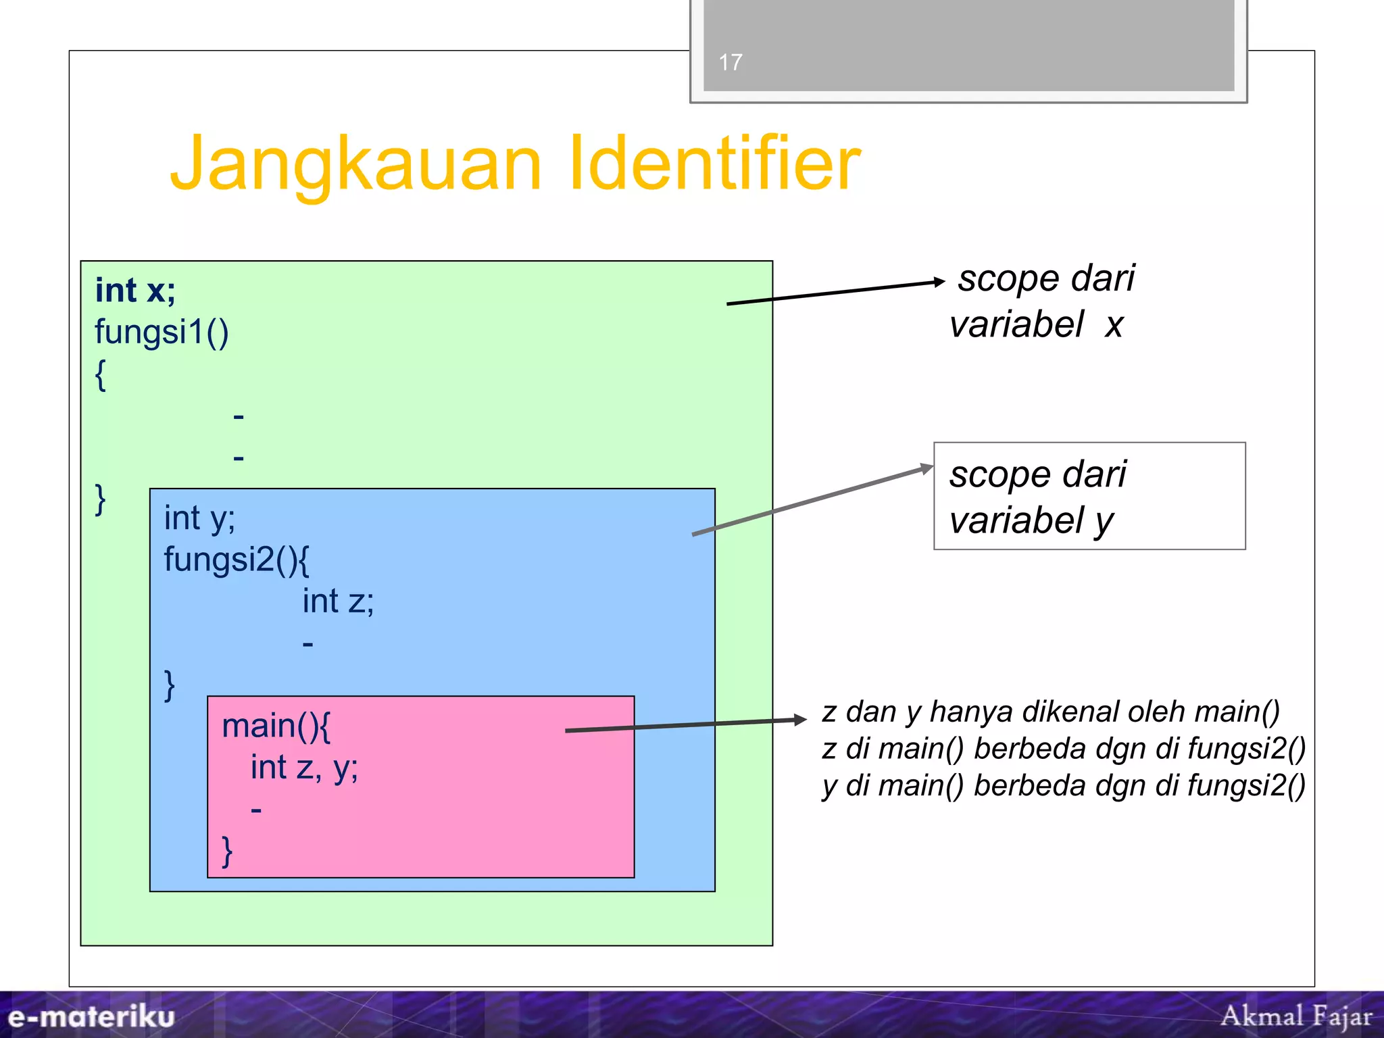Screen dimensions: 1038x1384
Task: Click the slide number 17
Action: click(730, 63)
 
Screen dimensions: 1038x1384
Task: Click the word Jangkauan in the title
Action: click(356, 164)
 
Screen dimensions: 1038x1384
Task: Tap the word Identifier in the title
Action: click(714, 163)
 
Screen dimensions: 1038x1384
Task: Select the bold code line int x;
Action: click(135, 291)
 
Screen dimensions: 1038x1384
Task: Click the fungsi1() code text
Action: click(162, 332)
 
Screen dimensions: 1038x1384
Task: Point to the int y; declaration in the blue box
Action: click(199, 518)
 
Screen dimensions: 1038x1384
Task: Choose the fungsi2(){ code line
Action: click(236, 560)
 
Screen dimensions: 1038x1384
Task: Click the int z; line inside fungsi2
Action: click(338, 601)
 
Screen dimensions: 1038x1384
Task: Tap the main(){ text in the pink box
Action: click(276, 726)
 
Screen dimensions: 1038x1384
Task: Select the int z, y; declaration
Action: click(304, 768)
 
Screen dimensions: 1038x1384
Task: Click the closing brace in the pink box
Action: click(227, 851)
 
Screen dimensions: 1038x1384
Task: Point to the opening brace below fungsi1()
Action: click(101, 374)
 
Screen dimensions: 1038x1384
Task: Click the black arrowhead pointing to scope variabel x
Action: click(939, 282)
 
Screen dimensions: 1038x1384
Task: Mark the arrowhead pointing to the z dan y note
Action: click(800, 720)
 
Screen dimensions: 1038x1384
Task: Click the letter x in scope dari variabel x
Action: click(1114, 326)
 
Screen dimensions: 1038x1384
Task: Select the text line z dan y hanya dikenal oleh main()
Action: click(1051, 712)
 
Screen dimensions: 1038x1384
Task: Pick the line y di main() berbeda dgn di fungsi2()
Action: click(1064, 786)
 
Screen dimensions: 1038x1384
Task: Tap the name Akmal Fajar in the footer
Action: click(1296, 1016)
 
